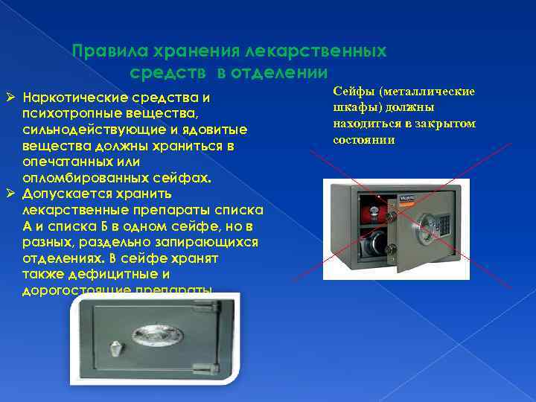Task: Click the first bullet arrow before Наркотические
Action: coord(10,98)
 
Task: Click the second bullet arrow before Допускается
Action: coord(10,194)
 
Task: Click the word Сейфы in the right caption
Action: coord(351,92)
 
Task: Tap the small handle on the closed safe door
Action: coord(115,347)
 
